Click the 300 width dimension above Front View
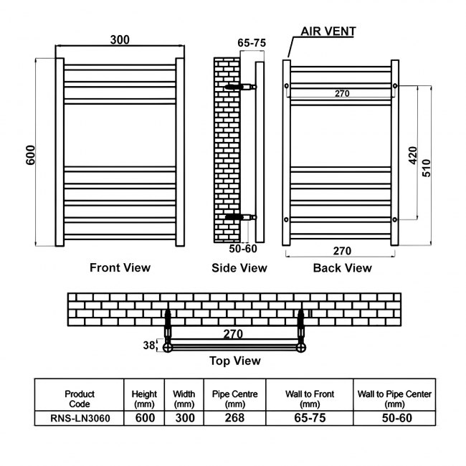[x=120, y=39]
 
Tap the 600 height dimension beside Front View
[x=31, y=155]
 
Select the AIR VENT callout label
[x=328, y=32]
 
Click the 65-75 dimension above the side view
[x=252, y=43]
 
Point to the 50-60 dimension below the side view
[x=243, y=249]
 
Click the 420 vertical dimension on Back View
[x=413, y=155]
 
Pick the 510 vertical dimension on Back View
[x=426, y=168]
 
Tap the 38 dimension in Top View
[x=149, y=346]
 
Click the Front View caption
[x=120, y=267]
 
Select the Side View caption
[x=239, y=268]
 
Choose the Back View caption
[x=343, y=268]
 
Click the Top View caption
[x=235, y=361]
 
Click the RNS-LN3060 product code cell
[x=80, y=418]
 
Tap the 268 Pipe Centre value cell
[x=234, y=418]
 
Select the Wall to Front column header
[x=310, y=399]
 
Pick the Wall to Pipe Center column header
[x=394, y=399]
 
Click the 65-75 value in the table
[x=310, y=418]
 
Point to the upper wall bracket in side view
[x=240, y=87]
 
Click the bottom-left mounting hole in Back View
[x=286, y=219]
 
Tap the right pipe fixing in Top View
[x=301, y=330]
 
